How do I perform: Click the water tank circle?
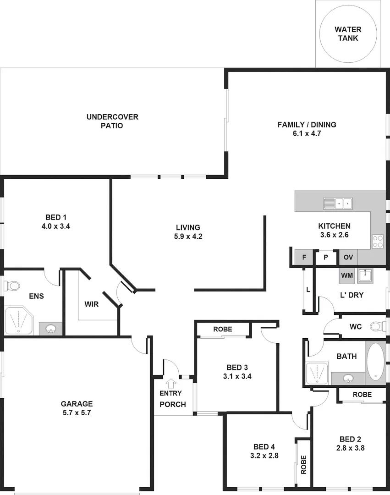(347, 34)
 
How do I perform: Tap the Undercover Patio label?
(112, 121)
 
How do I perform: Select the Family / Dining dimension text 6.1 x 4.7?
(307, 133)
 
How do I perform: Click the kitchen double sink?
(338, 203)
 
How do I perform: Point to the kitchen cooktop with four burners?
(378, 241)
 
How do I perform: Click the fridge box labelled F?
(304, 257)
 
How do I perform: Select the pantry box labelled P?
(326, 257)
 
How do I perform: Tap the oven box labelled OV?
(348, 257)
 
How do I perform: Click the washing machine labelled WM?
(347, 275)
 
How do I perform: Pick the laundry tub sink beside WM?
(365, 275)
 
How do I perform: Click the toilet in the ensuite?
(12, 286)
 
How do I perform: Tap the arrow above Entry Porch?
(171, 382)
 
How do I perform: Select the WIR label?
(91, 303)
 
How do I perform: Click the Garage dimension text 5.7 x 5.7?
(77, 412)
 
